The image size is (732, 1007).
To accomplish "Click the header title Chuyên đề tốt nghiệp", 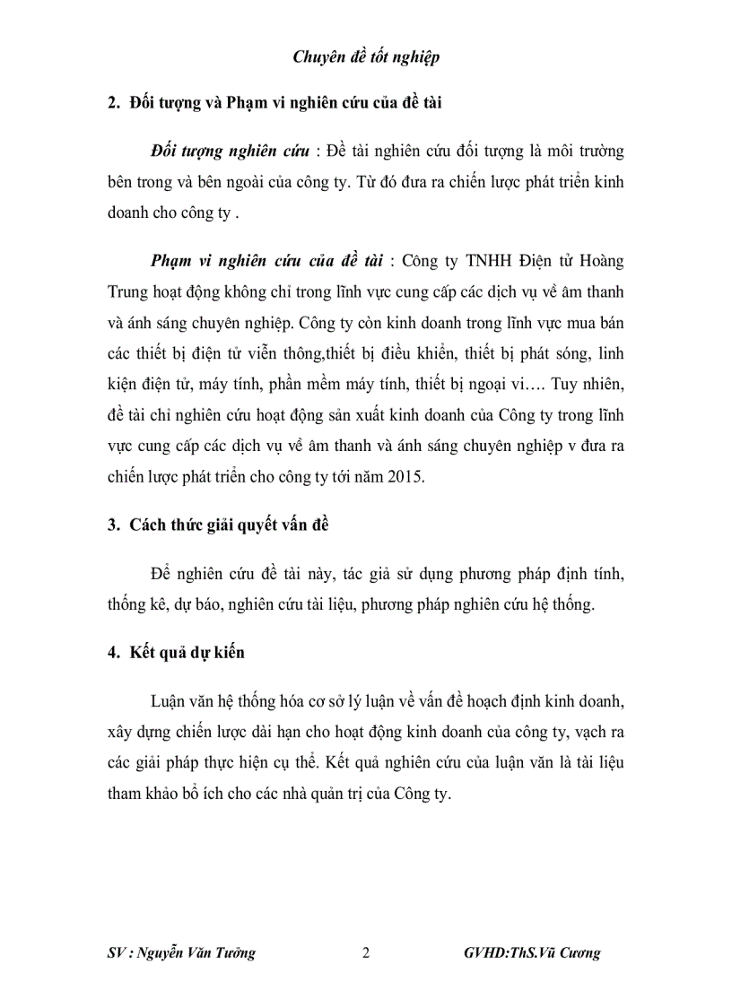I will click(x=366, y=57).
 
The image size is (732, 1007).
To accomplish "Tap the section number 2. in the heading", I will click(x=114, y=103).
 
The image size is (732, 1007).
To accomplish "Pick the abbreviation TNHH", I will click(x=488, y=261).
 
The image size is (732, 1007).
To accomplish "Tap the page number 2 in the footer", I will click(x=365, y=952).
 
